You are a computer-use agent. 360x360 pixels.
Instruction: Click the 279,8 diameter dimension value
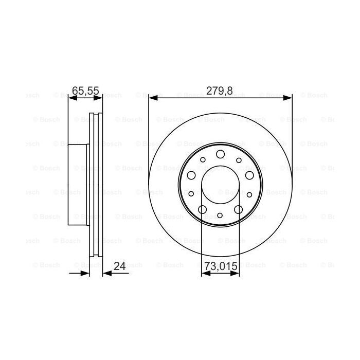tap(220, 91)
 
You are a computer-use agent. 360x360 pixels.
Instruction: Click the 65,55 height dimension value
tap(85, 91)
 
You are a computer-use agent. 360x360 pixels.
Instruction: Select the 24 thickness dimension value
tap(119, 266)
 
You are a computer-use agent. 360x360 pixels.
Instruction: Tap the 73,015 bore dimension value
tap(221, 266)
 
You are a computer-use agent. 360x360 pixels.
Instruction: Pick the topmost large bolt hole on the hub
tap(221, 154)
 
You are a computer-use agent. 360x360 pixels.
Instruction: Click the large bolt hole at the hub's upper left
tap(191, 175)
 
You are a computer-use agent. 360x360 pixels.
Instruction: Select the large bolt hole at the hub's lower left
tap(202, 209)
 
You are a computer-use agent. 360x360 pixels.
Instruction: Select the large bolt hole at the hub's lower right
tap(239, 209)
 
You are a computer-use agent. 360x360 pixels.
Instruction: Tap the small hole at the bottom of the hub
tap(221, 216)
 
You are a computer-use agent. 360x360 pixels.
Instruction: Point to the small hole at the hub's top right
tap(239, 160)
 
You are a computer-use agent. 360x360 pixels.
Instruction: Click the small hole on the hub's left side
tap(191, 194)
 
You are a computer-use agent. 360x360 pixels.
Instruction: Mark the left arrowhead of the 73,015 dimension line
tap(204, 274)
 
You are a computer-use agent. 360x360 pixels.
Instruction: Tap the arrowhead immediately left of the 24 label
tap(106, 274)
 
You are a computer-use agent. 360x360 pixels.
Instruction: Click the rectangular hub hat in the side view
tap(77, 183)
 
